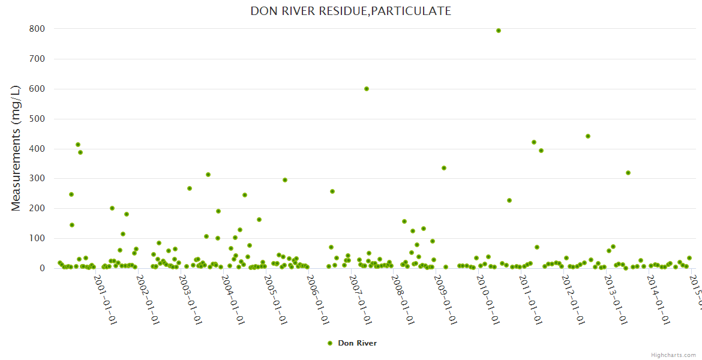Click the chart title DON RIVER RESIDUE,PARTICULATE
(x=350, y=11)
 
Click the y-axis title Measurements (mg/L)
(x=16, y=148)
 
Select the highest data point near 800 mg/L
(x=499, y=31)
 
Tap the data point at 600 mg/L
(x=367, y=89)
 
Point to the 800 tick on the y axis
(x=37, y=29)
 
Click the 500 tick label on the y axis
(x=37, y=119)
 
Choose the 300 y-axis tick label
(x=37, y=179)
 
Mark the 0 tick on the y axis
(x=43, y=268)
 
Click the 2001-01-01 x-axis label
(x=107, y=295)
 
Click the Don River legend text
(x=357, y=343)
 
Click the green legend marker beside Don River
(x=329, y=343)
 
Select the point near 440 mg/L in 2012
(x=588, y=136)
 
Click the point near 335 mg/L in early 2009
(x=444, y=168)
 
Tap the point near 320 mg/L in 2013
(x=628, y=173)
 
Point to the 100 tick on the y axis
(x=37, y=238)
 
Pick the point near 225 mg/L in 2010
(x=509, y=200)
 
